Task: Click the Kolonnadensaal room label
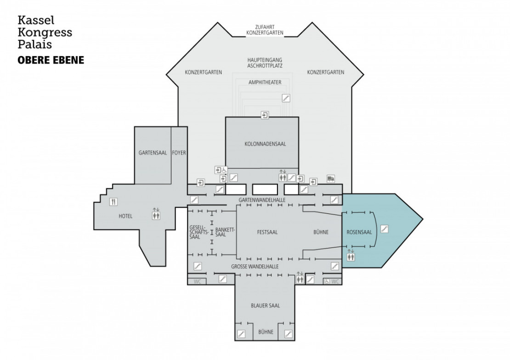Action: [265, 144]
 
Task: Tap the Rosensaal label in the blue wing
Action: [359, 232]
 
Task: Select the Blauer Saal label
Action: [266, 306]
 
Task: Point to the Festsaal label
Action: [267, 232]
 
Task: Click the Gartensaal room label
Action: [153, 153]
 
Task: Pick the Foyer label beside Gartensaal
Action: [179, 153]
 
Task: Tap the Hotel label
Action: [125, 216]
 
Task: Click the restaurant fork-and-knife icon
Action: [113, 202]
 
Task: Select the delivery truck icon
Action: [331, 178]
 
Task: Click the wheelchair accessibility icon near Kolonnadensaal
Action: [225, 170]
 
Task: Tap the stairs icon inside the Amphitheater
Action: [286, 97]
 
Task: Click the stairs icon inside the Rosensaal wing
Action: [385, 229]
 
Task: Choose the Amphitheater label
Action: [265, 83]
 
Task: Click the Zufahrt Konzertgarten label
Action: [265, 30]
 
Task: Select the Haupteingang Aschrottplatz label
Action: [265, 63]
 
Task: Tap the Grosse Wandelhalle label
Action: [255, 267]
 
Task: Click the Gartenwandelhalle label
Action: [262, 200]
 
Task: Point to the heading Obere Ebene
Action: [51, 60]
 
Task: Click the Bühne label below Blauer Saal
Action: [266, 332]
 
